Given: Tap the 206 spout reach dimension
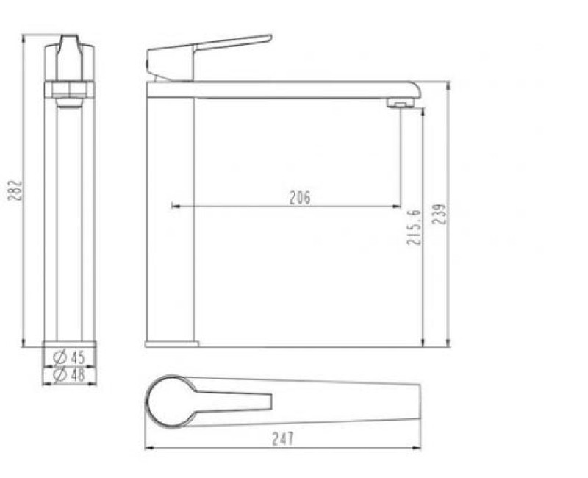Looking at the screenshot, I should click(300, 198).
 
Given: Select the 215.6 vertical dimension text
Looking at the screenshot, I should click(415, 226).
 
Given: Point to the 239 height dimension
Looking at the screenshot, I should click(440, 214).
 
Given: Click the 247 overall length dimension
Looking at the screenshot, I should click(282, 439).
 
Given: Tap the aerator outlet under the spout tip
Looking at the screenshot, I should click(400, 104).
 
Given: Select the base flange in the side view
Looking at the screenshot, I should click(172, 343).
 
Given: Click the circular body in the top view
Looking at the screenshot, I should click(171, 402).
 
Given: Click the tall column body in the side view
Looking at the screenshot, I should click(170, 221).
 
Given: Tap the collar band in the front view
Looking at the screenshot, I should click(69, 90).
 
